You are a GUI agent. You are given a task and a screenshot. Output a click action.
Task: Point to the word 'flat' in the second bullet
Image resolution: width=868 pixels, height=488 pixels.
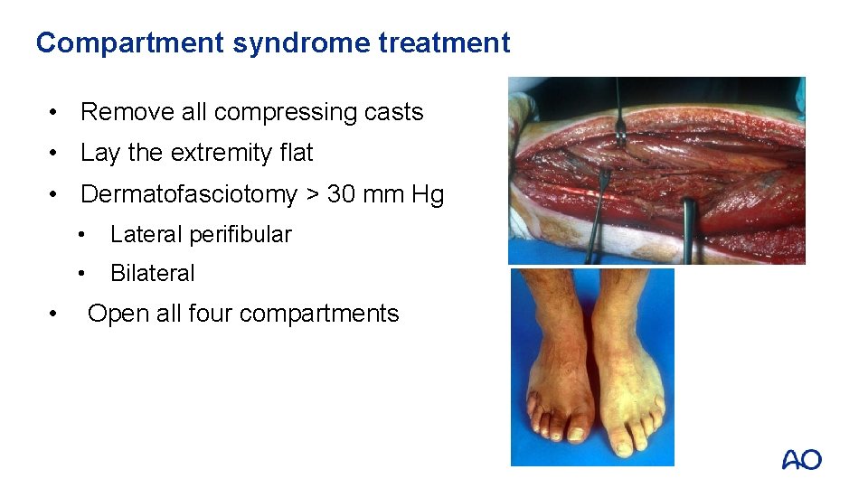(x=297, y=153)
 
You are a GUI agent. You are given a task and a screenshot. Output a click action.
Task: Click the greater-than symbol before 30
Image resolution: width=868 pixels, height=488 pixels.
(x=312, y=195)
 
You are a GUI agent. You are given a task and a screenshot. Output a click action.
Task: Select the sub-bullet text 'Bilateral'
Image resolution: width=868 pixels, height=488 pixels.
(x=152, y=273)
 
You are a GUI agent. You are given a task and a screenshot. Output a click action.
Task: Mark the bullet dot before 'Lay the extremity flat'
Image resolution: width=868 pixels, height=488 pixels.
(x=56, y=154)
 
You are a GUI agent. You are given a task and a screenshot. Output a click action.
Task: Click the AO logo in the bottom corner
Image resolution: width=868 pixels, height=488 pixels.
(x=801, y=460)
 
